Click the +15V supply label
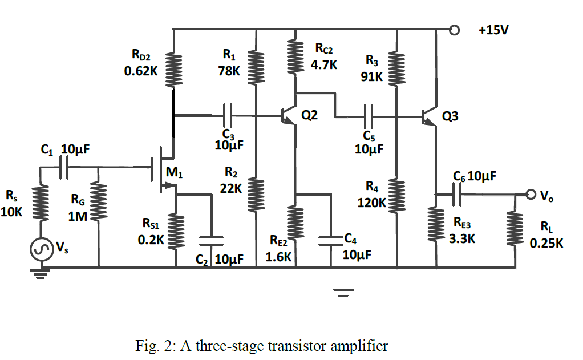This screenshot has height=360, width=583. pyautogui.click(x=494, y=30)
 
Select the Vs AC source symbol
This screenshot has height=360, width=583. pyautogui.click(x=41, y=249)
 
